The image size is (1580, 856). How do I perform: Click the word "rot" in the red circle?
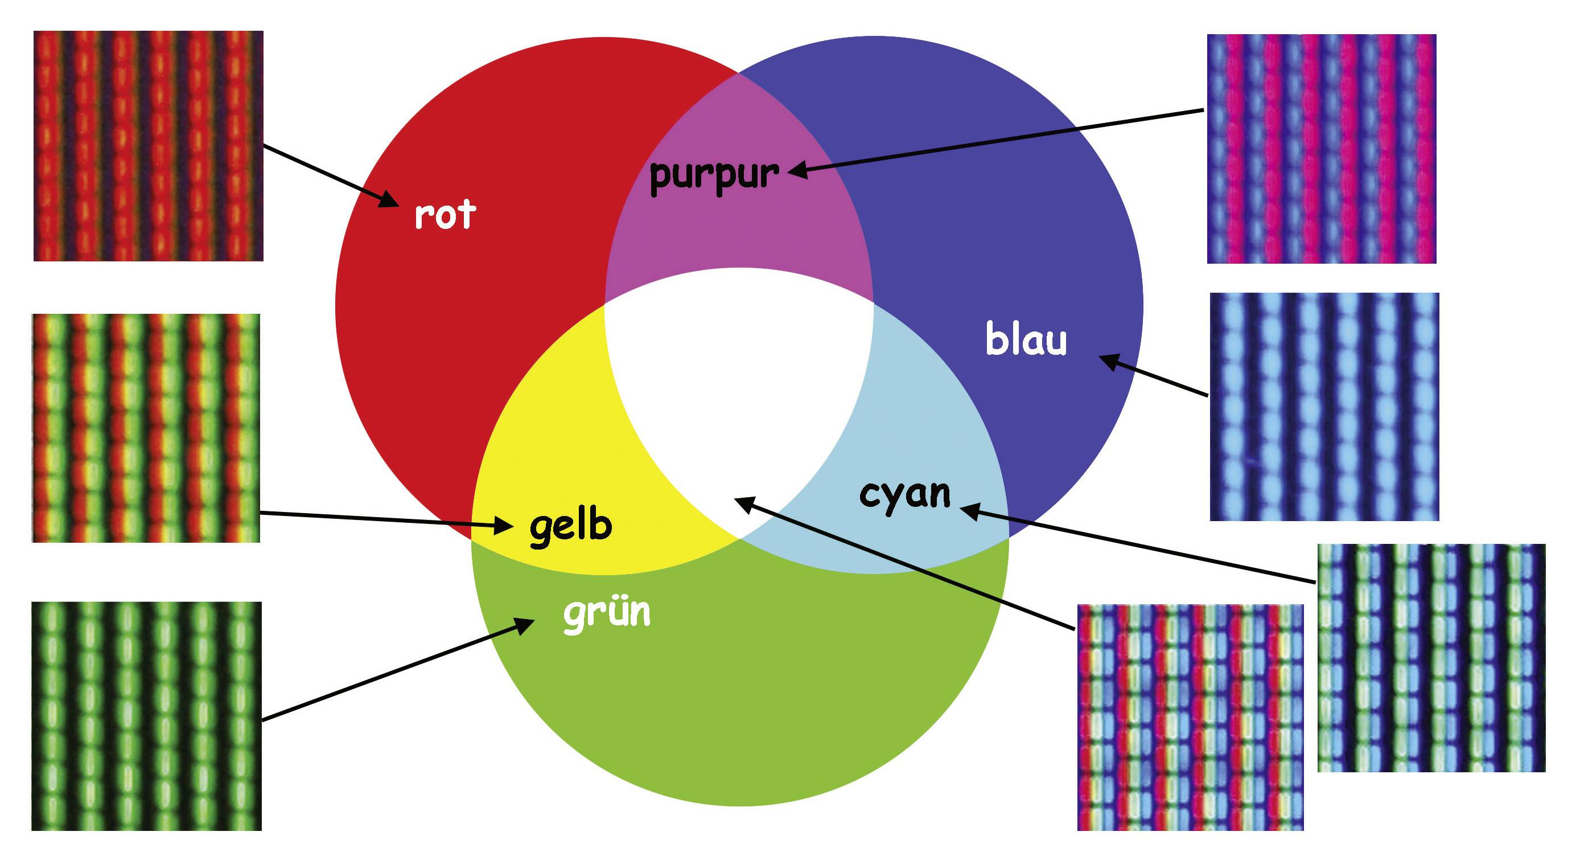(445, 215)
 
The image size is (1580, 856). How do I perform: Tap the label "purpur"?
(714, 175)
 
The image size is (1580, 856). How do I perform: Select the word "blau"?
(1026, 339)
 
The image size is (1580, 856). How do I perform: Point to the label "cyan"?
(905, 494)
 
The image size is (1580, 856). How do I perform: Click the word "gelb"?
(570, 526)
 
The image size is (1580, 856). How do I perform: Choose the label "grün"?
(607, 612)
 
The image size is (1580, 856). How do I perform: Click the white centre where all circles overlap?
(739, 393)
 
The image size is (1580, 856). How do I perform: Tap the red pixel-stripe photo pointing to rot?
(149, 146)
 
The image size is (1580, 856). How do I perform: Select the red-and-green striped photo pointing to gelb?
(146, 428)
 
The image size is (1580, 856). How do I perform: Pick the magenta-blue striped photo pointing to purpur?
(1322, 149)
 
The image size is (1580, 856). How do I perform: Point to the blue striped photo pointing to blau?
(1324, 406)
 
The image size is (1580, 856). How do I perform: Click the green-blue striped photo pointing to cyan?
(1431, 657)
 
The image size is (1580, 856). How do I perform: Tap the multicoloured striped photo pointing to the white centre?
(1191, 718)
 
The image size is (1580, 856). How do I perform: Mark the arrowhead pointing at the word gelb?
(505, 525)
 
